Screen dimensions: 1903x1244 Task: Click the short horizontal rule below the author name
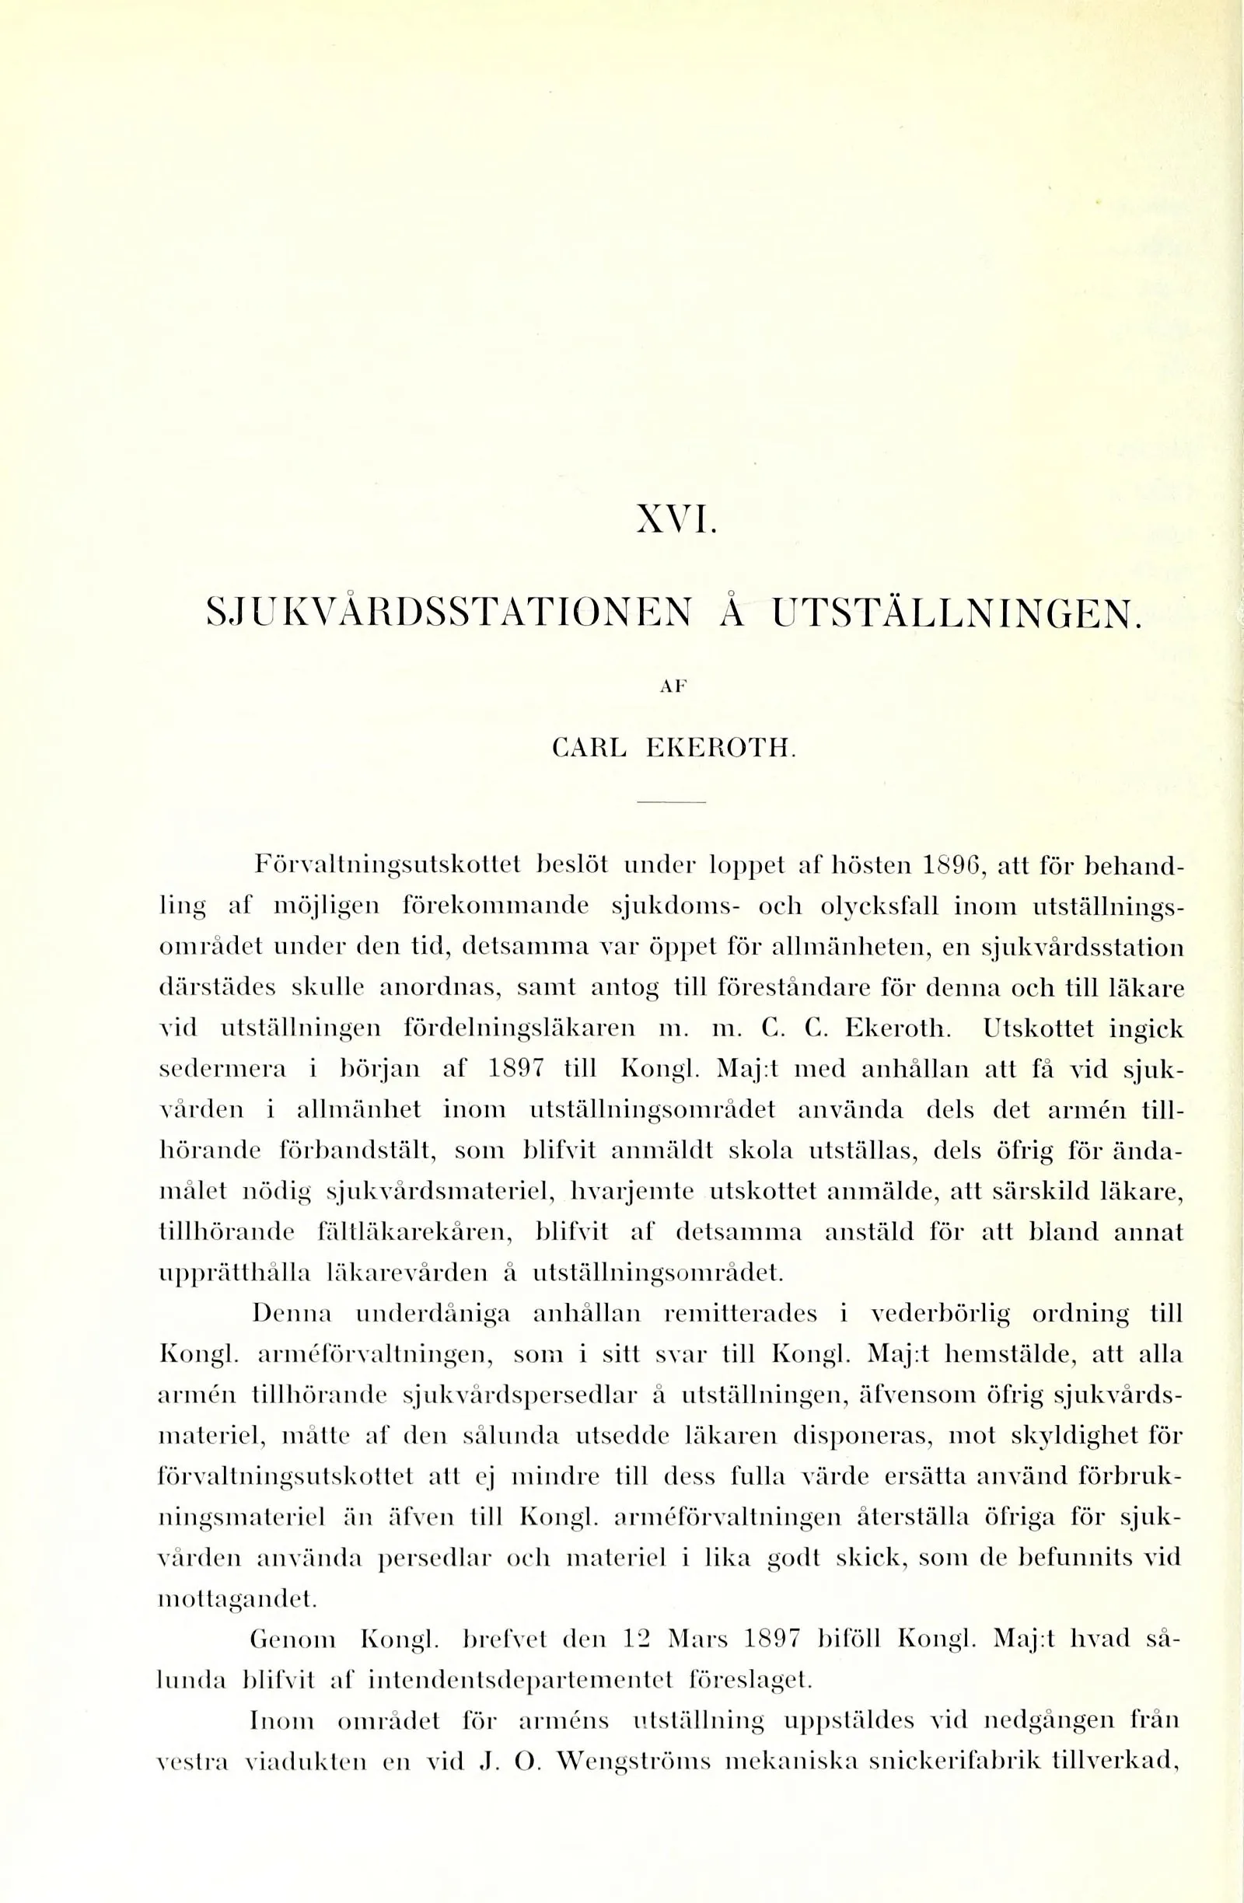(672, 802)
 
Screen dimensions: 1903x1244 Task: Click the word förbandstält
(357, 1151)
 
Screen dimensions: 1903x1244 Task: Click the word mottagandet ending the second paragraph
(236, 1598)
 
